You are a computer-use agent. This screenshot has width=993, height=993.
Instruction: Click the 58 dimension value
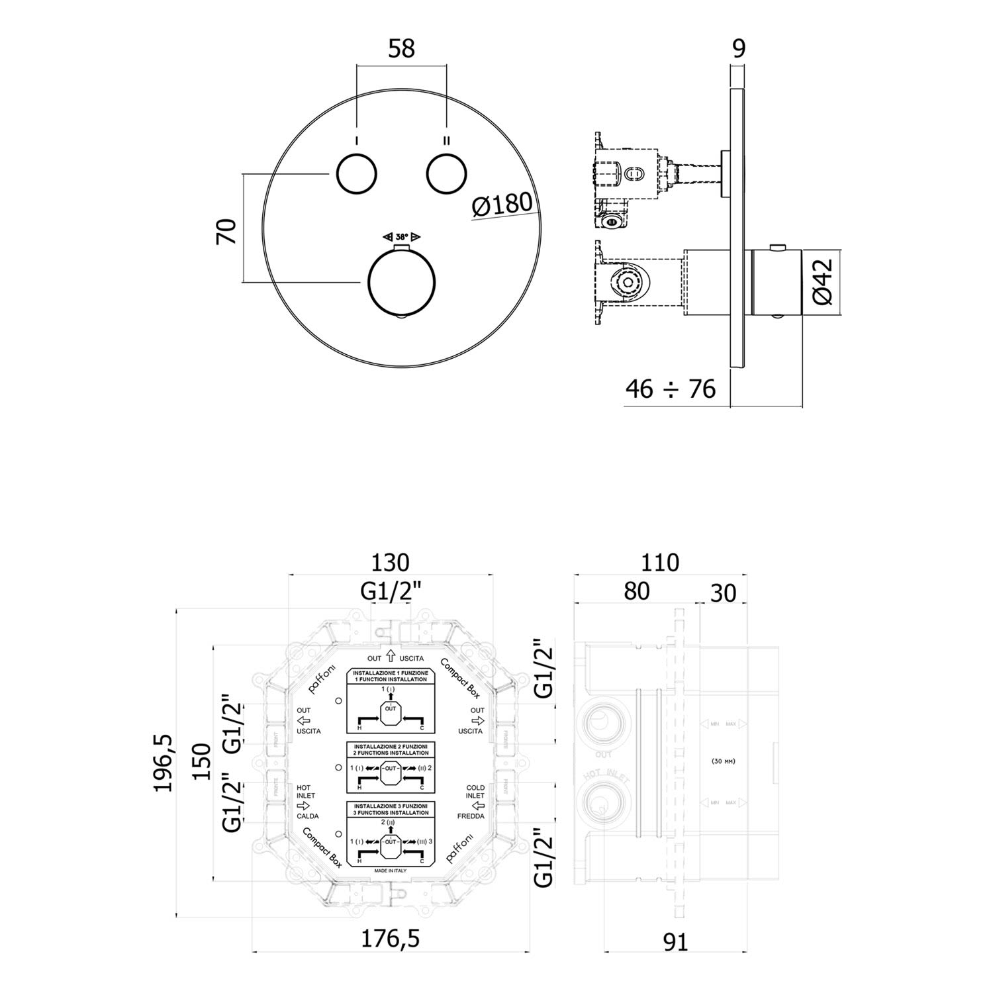(402, 48)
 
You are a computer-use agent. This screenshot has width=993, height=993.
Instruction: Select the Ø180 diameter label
(502, 205)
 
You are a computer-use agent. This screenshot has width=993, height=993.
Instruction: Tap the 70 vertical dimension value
(226, 230)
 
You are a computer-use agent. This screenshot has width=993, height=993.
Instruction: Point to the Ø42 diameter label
(821, 282)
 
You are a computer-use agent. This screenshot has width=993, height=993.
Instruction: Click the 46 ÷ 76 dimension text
(671, 389)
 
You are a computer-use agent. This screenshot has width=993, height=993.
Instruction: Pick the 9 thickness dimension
(739, 48)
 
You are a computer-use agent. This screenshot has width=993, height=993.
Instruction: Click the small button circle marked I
(356, 174)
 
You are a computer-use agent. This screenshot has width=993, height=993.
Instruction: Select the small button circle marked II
(447, 174)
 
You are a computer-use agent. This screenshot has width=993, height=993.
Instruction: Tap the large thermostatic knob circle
(402, 283)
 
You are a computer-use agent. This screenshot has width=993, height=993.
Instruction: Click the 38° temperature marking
(402, 237)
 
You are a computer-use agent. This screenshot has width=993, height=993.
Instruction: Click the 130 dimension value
(391, 562)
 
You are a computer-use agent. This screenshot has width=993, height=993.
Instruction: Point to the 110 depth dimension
(660, 562)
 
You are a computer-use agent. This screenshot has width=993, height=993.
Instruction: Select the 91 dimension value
(675, 942)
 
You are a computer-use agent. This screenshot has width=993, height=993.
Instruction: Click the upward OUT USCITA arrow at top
(391, 657)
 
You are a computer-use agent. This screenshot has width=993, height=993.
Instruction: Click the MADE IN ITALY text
(391, 871)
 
